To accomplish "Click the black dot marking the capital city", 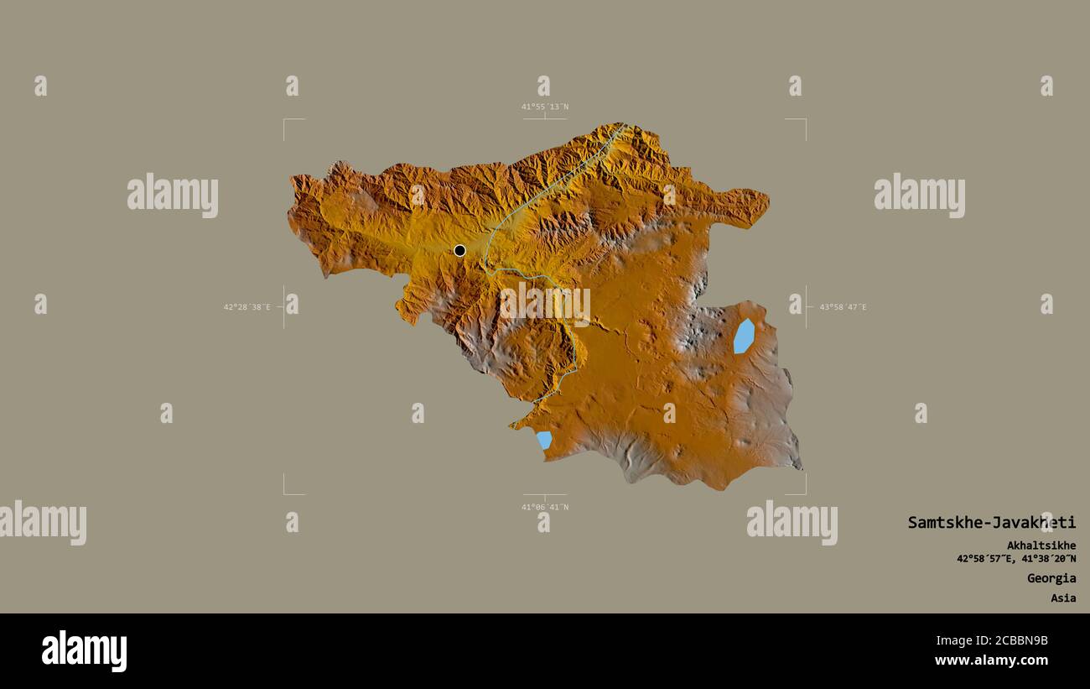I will coord(459,250).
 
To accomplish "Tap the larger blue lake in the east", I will coord(744,336).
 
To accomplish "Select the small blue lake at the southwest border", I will coord(544,440).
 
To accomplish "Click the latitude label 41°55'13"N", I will coord(545,107).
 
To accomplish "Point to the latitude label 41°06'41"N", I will coord(545,507).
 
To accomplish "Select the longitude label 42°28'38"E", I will coord(247,307).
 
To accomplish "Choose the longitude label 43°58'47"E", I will coord(843,307).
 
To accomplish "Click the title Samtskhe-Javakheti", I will coord(991,522).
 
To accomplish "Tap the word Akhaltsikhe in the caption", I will coord(1041,545).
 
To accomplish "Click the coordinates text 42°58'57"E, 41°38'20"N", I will coord(1016,559).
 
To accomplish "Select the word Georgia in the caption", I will coord(1051,578).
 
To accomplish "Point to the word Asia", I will coord(1063,598).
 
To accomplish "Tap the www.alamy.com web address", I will coord(991,660).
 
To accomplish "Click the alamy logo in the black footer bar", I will coord(85,651).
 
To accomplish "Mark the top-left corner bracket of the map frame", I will coord(285,121).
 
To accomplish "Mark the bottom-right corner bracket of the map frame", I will coord(804,493).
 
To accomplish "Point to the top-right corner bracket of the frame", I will coord(804,121).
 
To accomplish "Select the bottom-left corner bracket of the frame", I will coord(285,493).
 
